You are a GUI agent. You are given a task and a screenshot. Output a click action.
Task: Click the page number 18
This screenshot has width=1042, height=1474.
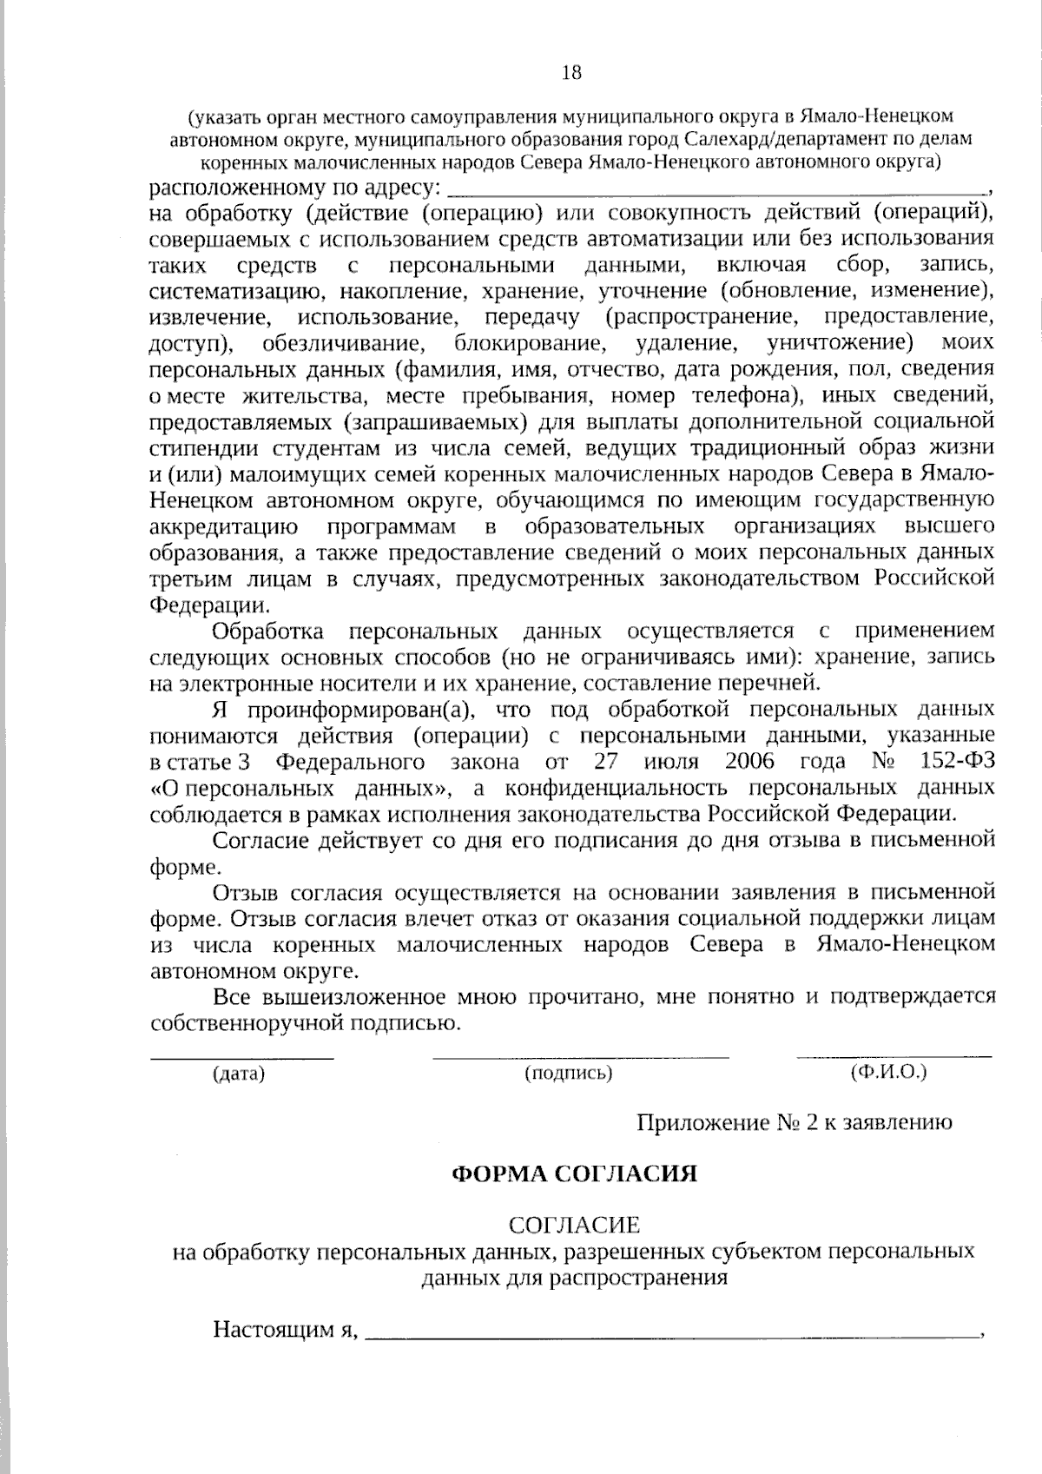[x=571, y=73]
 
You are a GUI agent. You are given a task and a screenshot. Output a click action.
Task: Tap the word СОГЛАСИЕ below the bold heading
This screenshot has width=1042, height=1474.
[x=574, y=1226]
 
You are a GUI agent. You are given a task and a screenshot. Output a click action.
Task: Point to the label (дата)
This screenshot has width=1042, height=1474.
[x=239, y=1074]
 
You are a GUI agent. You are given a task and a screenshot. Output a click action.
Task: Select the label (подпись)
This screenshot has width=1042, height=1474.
[x=569, y=1074]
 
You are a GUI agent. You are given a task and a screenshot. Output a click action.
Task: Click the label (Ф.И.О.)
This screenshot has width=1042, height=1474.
[x=890, y=1072]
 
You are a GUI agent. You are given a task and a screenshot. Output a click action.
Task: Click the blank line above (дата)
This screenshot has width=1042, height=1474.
[x=242, y=1057]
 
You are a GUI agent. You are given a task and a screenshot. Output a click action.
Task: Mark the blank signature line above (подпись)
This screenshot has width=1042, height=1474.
[x=580, y=1057]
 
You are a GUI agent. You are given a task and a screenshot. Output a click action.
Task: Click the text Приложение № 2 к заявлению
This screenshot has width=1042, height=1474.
[x=795, y=1122]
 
